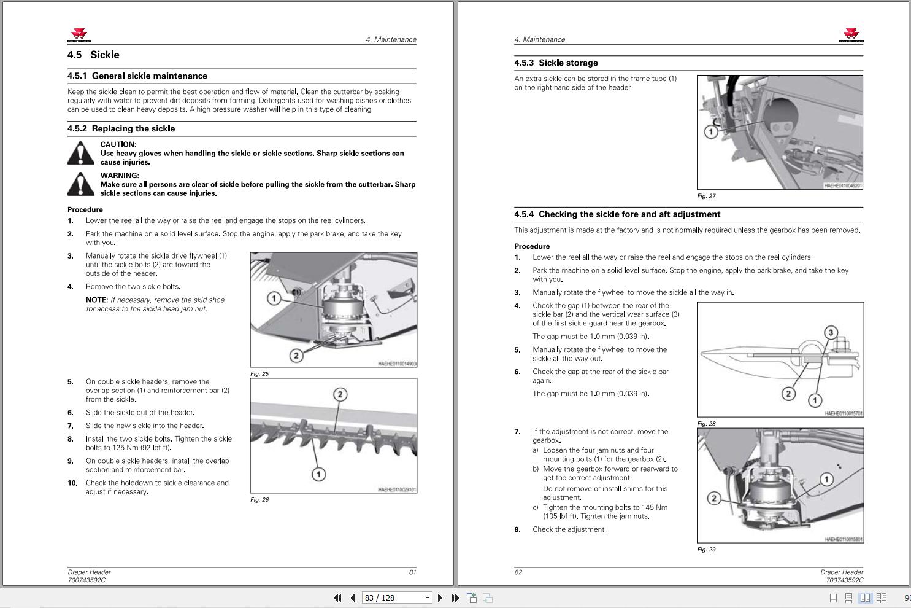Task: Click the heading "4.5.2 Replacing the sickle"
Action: click(121, 129)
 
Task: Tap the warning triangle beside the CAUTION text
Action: click(80, 154)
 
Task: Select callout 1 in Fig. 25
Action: click(274, 298)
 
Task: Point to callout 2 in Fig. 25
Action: click(296, 356)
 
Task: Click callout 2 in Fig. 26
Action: click(340, 394)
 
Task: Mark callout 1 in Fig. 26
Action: click(318, 474)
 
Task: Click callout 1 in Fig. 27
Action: click(710, 131)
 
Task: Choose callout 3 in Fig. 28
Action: click(831, 333)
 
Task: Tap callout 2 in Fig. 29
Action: click(714, 498)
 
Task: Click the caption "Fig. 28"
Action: click(707, 424)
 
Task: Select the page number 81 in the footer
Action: click(412, 572)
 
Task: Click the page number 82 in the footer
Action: click(518, 572)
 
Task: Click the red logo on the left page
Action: click(79, 34)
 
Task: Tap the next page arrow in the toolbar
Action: click(440, 598)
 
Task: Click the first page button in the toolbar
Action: click(337, 598)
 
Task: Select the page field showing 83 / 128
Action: click(396, 598)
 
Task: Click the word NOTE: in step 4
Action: click(97, 300)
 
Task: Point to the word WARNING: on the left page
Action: click(120, 176)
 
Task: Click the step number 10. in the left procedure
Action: click(72, 483)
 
